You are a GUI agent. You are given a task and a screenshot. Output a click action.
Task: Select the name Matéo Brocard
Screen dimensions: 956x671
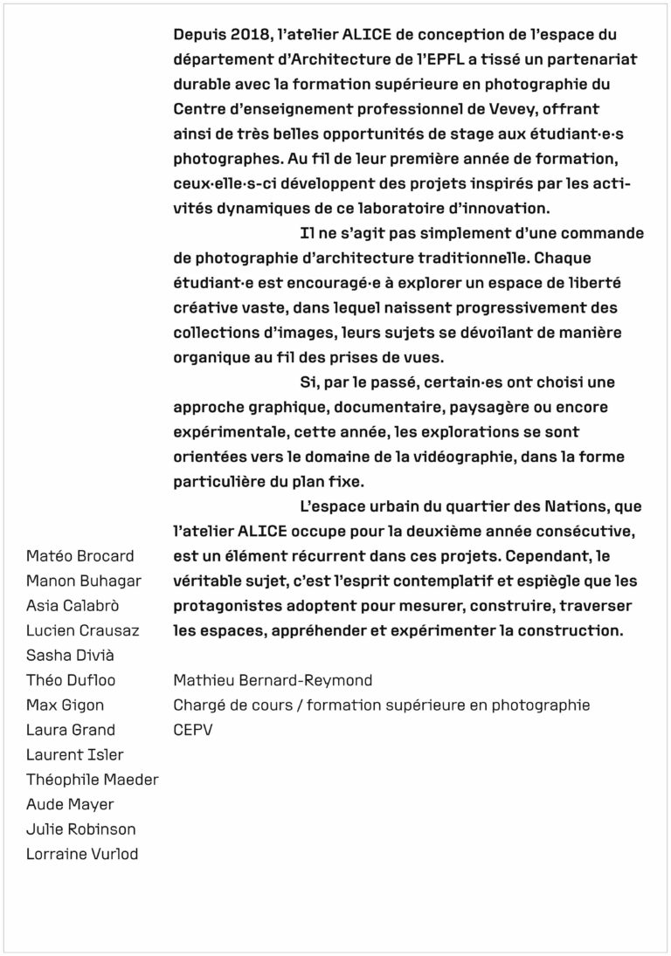pyautogui.click(x=80, y=556)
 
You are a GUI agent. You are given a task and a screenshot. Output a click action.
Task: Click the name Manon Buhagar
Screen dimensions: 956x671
pyautogui.click(x=84, y=581)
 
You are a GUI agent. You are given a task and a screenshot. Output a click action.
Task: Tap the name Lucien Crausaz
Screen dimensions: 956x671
pyautogui.click(x=83, y=629)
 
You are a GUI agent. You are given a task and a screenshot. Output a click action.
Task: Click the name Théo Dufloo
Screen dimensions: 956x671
pyautogui.click(x=71, y=679)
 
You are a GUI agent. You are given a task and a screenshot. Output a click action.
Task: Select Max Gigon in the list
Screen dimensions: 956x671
pyautogui.click(x=65, y=705)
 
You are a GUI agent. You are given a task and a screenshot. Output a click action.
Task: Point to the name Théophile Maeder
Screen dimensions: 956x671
pyautogui.click(x=93, y=779)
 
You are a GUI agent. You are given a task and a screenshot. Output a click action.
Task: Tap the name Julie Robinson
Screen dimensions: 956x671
pyautogui.click(x=81, y=829)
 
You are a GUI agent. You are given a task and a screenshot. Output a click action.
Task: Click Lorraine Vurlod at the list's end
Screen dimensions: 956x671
pyautogui.click(x=82, y=854)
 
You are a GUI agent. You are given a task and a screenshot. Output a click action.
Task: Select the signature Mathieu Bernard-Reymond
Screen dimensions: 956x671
pyautogui.click(x=273, y=680)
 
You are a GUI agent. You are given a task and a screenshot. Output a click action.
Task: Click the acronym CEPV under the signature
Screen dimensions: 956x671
pyautogui.click(x=194, y=730)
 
